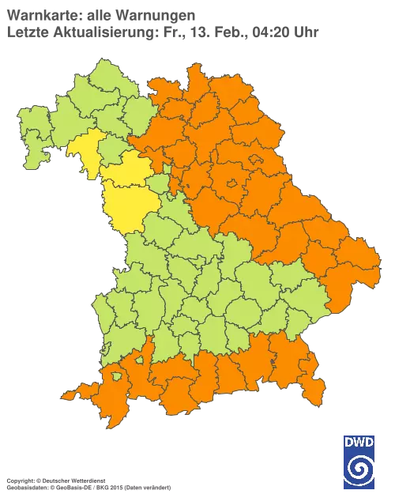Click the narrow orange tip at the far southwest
70,394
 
